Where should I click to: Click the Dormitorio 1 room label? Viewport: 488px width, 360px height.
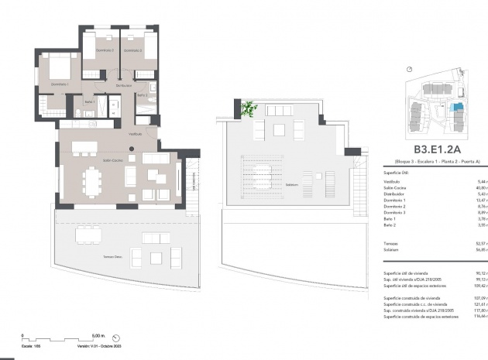click(x=60, y=84)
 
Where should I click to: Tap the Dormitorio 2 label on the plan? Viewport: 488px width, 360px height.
click(x=105, y=50)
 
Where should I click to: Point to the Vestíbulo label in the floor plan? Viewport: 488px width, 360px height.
click(x=135, y=134)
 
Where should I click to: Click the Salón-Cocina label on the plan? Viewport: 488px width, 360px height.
click(x=112, y=160)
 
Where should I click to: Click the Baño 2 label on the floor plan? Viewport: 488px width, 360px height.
click(x=142, y=95)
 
